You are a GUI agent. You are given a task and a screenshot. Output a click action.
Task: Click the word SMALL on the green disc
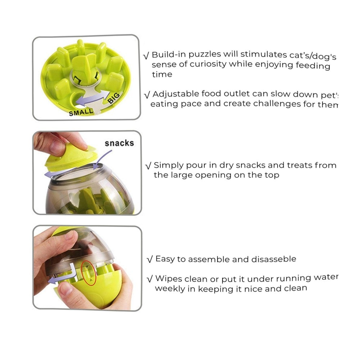[x=81, y=112]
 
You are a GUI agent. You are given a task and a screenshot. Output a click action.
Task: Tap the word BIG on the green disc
[x=114, y=98]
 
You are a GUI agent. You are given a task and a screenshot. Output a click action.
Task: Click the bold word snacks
[x=119, y=143]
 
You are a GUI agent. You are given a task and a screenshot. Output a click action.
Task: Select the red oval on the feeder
[x=89, y=273]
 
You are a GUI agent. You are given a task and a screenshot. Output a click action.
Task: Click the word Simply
[x=168, y=166]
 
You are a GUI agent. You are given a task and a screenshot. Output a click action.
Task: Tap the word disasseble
[x=274, y=259]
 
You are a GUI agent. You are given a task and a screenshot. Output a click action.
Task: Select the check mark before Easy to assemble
[x=150, y=260]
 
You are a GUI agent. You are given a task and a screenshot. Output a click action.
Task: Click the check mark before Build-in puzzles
[x=146, y=55]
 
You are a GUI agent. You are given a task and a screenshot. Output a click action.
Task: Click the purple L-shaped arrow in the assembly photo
[x=62, y=274]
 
